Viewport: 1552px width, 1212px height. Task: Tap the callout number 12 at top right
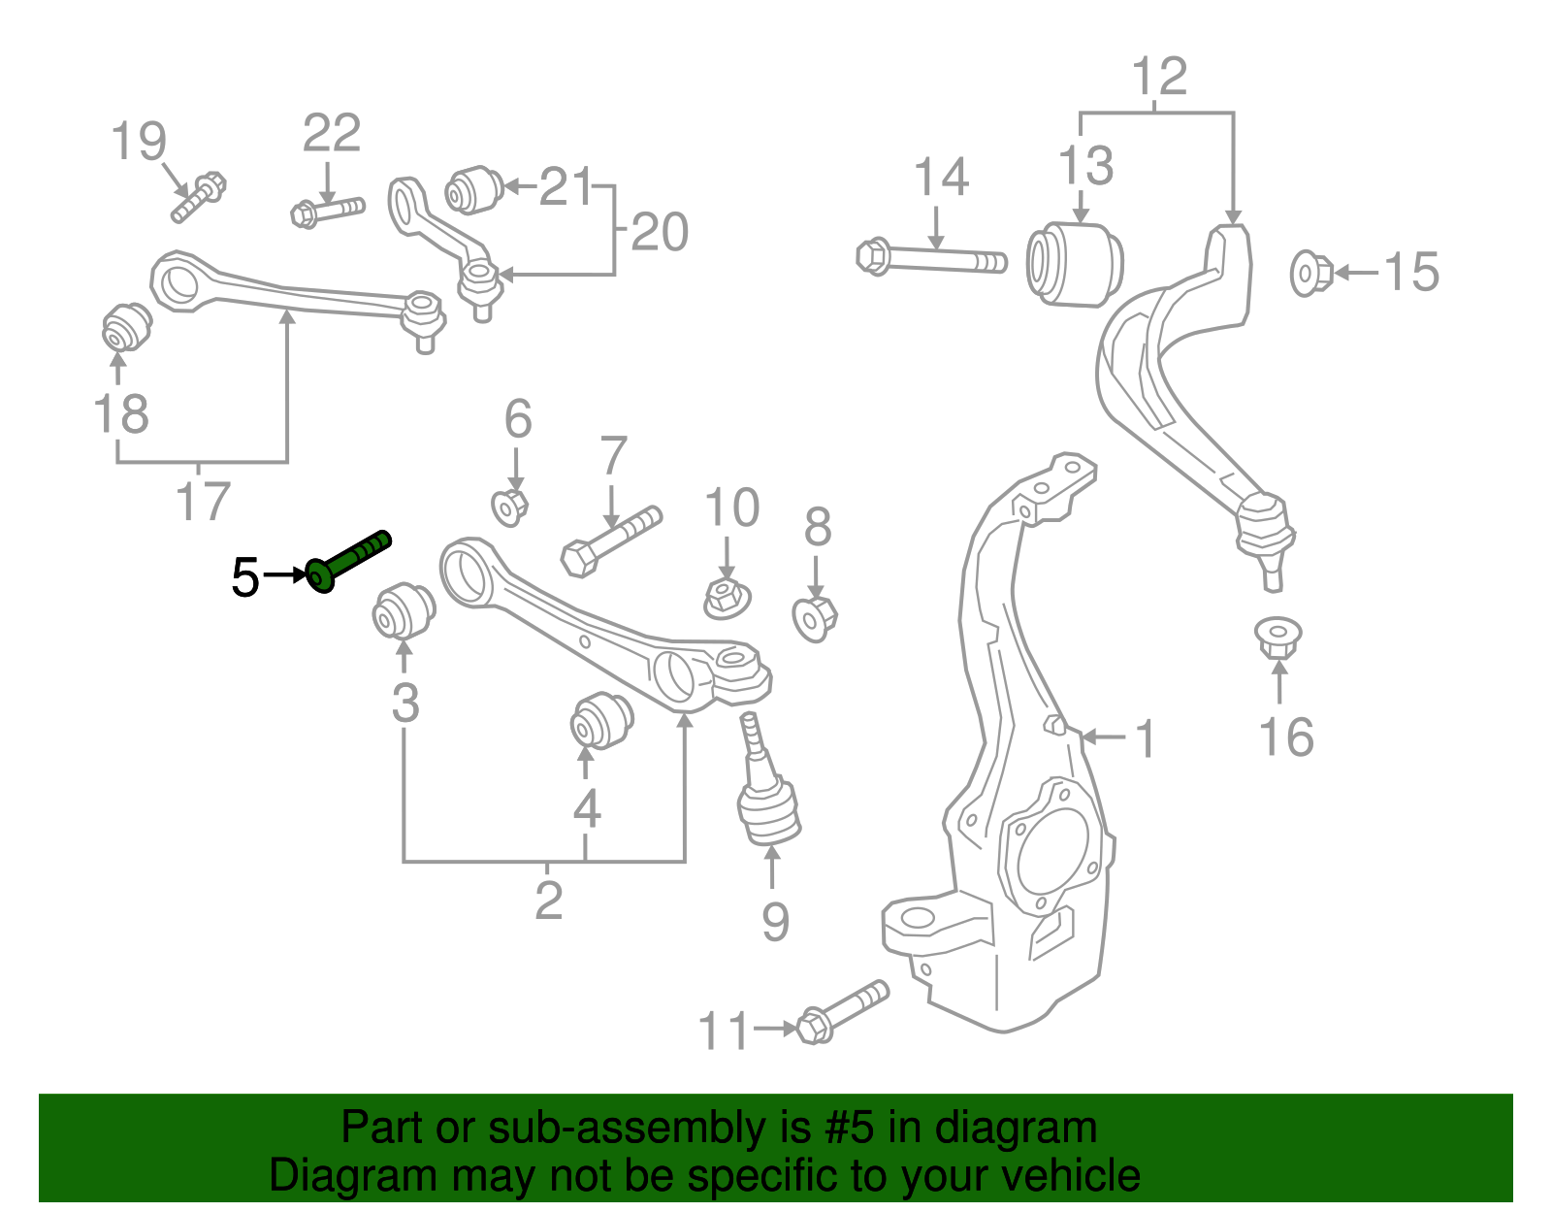pos(1158,76)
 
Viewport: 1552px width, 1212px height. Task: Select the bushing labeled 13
pos(1075,264)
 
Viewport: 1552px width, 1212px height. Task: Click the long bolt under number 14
pos(931,259)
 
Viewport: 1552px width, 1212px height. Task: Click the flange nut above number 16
pos(1278,637)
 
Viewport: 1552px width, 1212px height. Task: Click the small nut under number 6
pos(509,507)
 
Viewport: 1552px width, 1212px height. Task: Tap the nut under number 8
pos(814,619)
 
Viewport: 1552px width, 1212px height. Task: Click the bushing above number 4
pos(600,719)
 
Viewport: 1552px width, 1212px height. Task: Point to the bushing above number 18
pos(127,327)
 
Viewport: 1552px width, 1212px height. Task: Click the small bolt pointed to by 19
pos(199,196)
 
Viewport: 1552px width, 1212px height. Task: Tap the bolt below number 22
pos(327,211)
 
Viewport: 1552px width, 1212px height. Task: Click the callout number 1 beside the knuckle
pos(1146,739)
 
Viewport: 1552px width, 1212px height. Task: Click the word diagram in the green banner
pos(1016,1129)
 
